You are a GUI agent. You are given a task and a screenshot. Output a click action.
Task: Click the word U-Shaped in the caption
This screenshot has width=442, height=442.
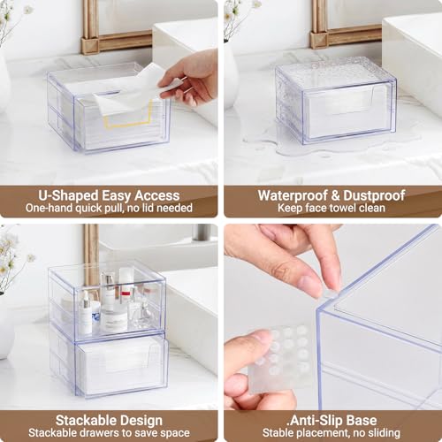tap(68, 195)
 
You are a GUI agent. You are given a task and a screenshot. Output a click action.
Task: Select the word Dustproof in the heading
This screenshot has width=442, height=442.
tap(374, 195)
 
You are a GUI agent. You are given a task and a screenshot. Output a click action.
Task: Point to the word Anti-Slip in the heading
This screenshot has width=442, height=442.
tap(316, 421)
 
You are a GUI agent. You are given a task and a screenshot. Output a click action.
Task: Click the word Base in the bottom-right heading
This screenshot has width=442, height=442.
tap(362, 421)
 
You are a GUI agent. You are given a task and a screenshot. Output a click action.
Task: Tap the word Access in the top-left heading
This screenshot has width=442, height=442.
tap(156, 195)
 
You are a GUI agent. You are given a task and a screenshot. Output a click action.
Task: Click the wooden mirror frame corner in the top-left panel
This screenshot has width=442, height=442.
tap(89, 46)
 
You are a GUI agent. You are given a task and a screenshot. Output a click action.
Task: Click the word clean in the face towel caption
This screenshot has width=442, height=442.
tap(371, 208)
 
